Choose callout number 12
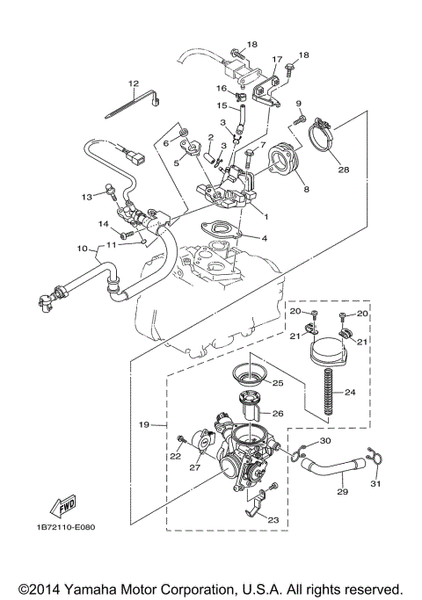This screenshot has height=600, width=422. click(x=134, y=83)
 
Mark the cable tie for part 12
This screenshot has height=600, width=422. click(x=132, y=106)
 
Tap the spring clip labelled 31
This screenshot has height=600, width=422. click(x=375, y=458)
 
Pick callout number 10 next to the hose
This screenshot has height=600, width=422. click(x=84, y=249)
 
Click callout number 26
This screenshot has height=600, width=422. click(x=278, y=413)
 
